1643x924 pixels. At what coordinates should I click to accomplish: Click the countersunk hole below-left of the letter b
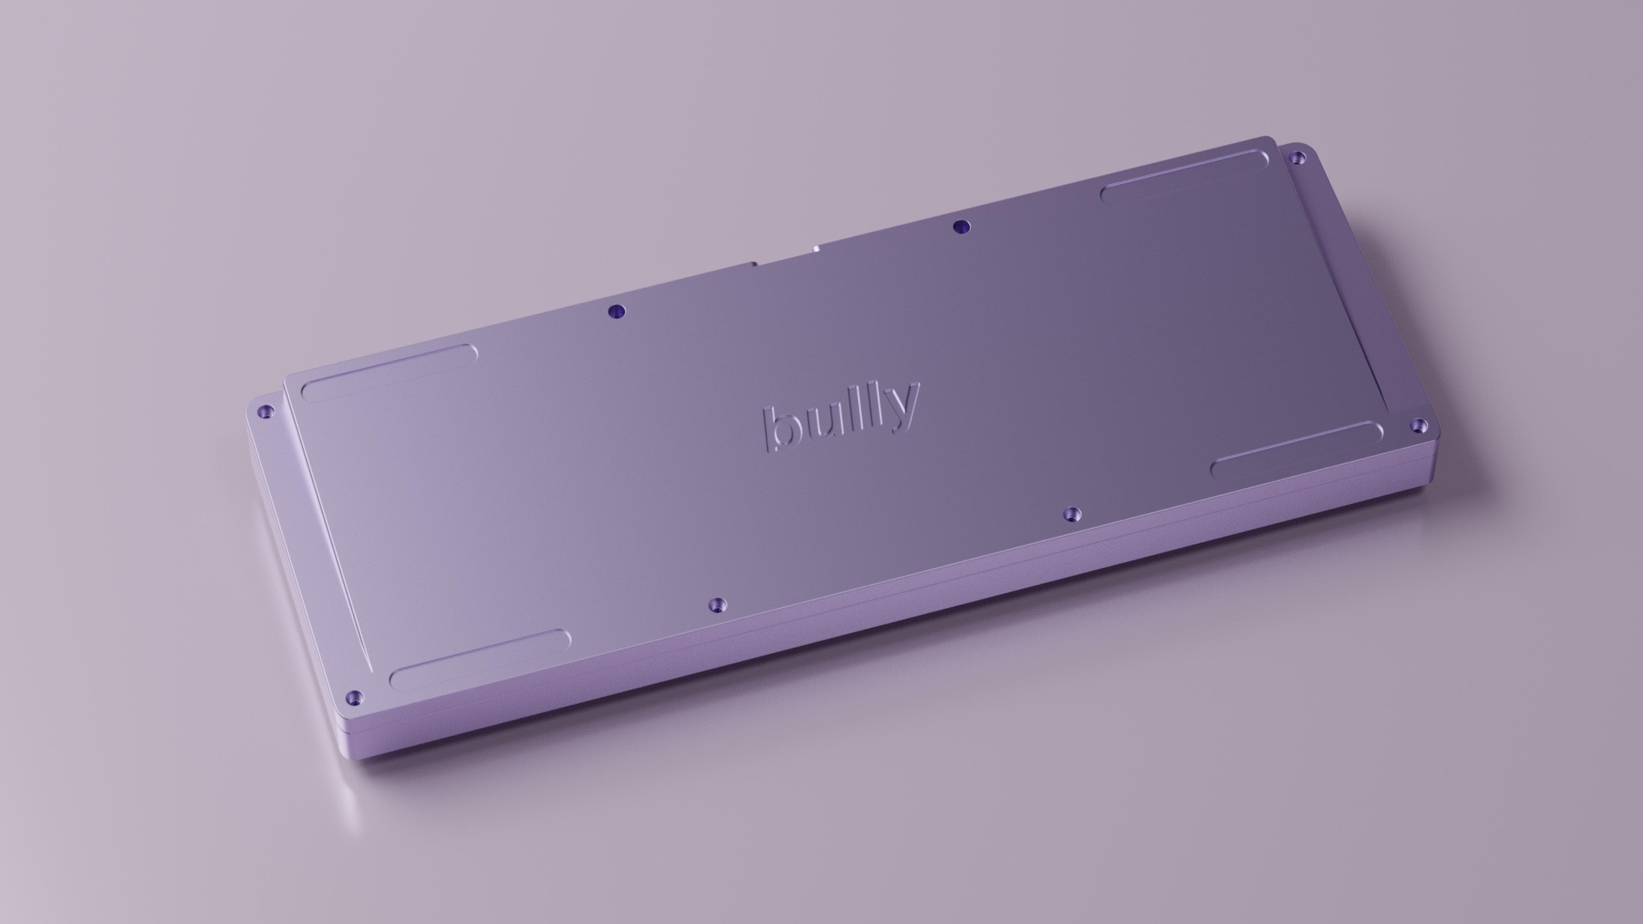718,604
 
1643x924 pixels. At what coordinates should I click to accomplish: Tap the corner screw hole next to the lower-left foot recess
355,696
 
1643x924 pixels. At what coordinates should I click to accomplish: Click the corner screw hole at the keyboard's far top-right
1297,157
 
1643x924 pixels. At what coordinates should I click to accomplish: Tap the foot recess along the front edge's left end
480,660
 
